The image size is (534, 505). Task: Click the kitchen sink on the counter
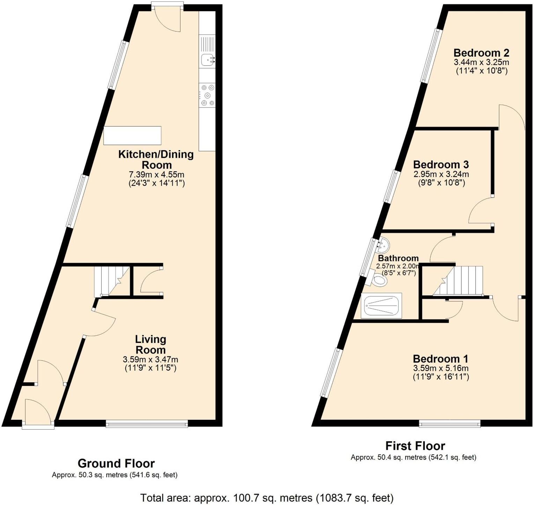pyautogui.click(x=207, y=60)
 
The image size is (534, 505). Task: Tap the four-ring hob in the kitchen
pyautogui.click(x=207, y=95)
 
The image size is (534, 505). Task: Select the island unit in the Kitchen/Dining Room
pyautogui.click(x=132, y=136)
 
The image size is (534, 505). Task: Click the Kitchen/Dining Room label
pyautogui.click(x=156, y=159)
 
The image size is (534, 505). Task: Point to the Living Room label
pyautogui.click(x=150, y=344)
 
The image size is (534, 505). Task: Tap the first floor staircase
pyautogui.click(x=461, y=280)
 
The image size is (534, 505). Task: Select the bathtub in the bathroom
pyautogui.click(x=381, y=306)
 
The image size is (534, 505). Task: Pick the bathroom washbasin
pyautogui.click(x=383, y=246)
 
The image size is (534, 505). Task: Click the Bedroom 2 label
pyautogui.click(x=481, y=53)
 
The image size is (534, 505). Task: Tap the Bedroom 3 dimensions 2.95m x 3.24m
pyautogui.click(x=441, y=174)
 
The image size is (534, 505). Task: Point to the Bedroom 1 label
pyautogui.click(x=440, y=359)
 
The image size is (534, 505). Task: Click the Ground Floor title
pyautogui.click(x=116, y=463)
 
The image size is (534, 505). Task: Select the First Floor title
pyautogui.click(x=415, y=446)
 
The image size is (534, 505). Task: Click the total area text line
pyautogui.click(x=267, y=497)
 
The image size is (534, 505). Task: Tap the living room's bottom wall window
pyautogui.click(x=147, y=424)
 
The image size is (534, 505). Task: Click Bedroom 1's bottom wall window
pyautogui.click(x=450, y=424)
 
